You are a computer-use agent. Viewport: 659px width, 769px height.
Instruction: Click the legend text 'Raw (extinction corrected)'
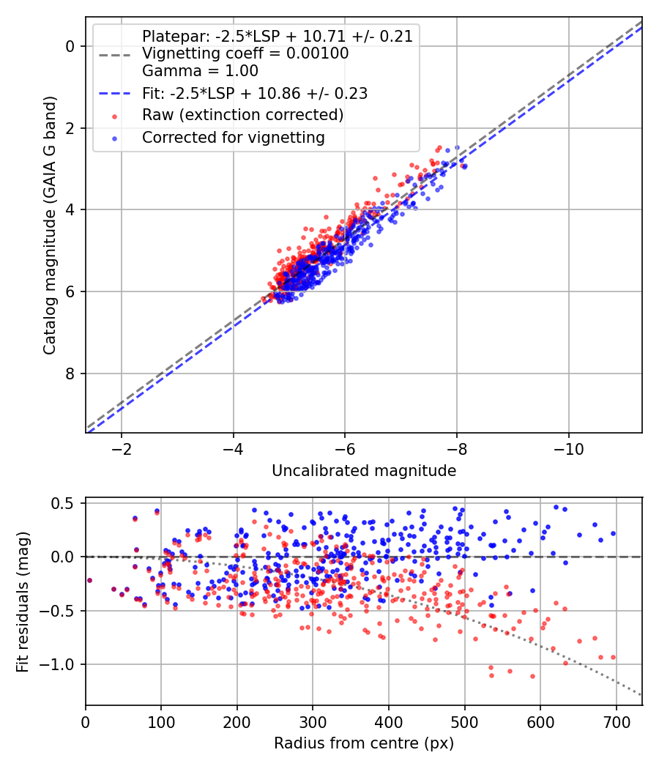click(x=242, y=116)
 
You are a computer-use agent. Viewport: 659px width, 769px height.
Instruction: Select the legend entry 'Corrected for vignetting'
click(x=234, y=138)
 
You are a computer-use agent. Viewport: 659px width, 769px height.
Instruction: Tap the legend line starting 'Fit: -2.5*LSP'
click(x=255, y=94)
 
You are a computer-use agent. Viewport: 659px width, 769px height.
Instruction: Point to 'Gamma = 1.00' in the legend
click(x=200, y=72)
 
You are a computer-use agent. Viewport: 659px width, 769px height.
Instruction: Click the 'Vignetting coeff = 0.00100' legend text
click(x=245, y=53)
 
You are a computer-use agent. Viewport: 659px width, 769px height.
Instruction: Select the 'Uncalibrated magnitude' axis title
click(x=364, y=471)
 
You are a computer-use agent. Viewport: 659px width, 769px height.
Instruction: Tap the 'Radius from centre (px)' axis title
click(x=364, y=743)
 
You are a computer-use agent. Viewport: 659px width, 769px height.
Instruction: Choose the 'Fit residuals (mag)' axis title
click(x=23, y=602)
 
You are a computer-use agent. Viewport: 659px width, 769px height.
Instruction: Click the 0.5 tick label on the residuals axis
click(x=66, y=503)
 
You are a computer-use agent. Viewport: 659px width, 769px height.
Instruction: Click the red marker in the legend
click(x=113, y=116)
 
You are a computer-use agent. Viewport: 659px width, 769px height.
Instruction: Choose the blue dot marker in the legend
click(x=113, y=138)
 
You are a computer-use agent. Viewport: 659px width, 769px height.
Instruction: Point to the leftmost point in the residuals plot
click(x=89, y=580)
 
